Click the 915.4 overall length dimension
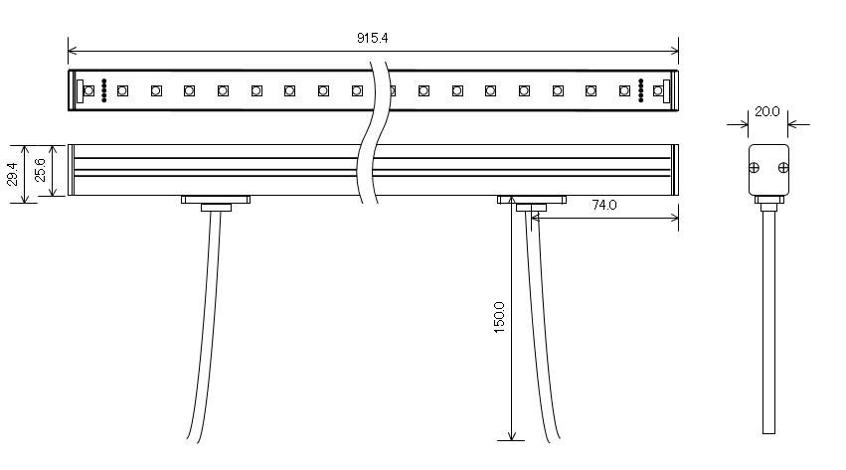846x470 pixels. point(372,37)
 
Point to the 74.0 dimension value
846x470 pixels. point(604,206)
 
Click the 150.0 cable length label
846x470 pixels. point(499,318)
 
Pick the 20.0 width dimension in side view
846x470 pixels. point(766,112)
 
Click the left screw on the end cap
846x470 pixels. point(756,167)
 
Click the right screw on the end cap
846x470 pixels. point(782,167)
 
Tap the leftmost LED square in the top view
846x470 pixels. point(88,90)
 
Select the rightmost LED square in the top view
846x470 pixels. point(657,90)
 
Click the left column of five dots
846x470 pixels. point(104,89)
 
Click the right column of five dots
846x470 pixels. point(641,89)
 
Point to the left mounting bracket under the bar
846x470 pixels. point(215,201)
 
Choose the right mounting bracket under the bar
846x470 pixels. point(530,201)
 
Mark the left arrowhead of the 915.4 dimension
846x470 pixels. point(72,50)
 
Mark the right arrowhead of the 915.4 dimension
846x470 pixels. point(675,50)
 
